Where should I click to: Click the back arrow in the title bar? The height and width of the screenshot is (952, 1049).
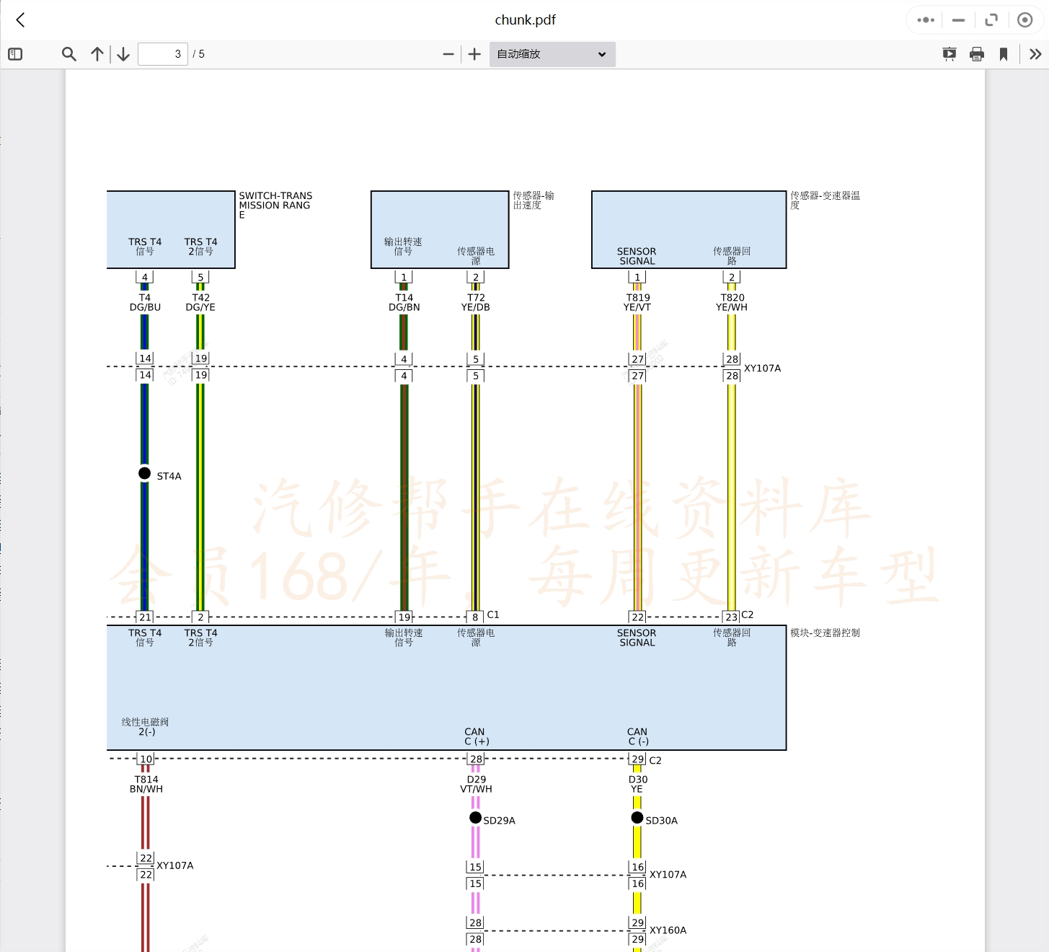pos(20,20)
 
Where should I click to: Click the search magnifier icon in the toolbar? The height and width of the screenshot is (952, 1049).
pos(69,54)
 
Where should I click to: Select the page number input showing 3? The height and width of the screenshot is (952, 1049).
pos(163,54)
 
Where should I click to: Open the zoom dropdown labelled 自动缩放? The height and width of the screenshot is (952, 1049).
pos(552,54)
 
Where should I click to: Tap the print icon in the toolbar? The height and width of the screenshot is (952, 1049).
pos(977,54)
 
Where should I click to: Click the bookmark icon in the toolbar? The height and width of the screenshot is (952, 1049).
pos(1004,54)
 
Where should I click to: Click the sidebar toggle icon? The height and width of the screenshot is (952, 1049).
pos(15,54)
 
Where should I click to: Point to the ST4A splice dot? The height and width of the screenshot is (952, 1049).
pos(145,473)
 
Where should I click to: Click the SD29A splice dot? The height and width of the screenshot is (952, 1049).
pos(475,817)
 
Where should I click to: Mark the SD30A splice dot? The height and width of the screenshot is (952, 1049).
pos(637,817)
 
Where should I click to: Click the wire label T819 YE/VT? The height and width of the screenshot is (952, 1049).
pos(637,302)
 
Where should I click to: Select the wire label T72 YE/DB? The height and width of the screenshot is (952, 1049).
pos(476,302)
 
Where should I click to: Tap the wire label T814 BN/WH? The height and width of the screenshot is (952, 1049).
pos(146,784)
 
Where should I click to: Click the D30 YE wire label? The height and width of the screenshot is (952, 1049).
pos(637,784)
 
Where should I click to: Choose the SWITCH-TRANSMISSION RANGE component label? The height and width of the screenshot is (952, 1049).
pos(275,205)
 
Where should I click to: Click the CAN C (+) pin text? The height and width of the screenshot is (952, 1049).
pos(476,736)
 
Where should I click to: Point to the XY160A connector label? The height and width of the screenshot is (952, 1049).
pos(668,930)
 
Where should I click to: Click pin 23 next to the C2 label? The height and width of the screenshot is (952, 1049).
pos(731,617)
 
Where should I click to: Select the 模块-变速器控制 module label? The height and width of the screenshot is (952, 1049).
pos(825,633)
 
